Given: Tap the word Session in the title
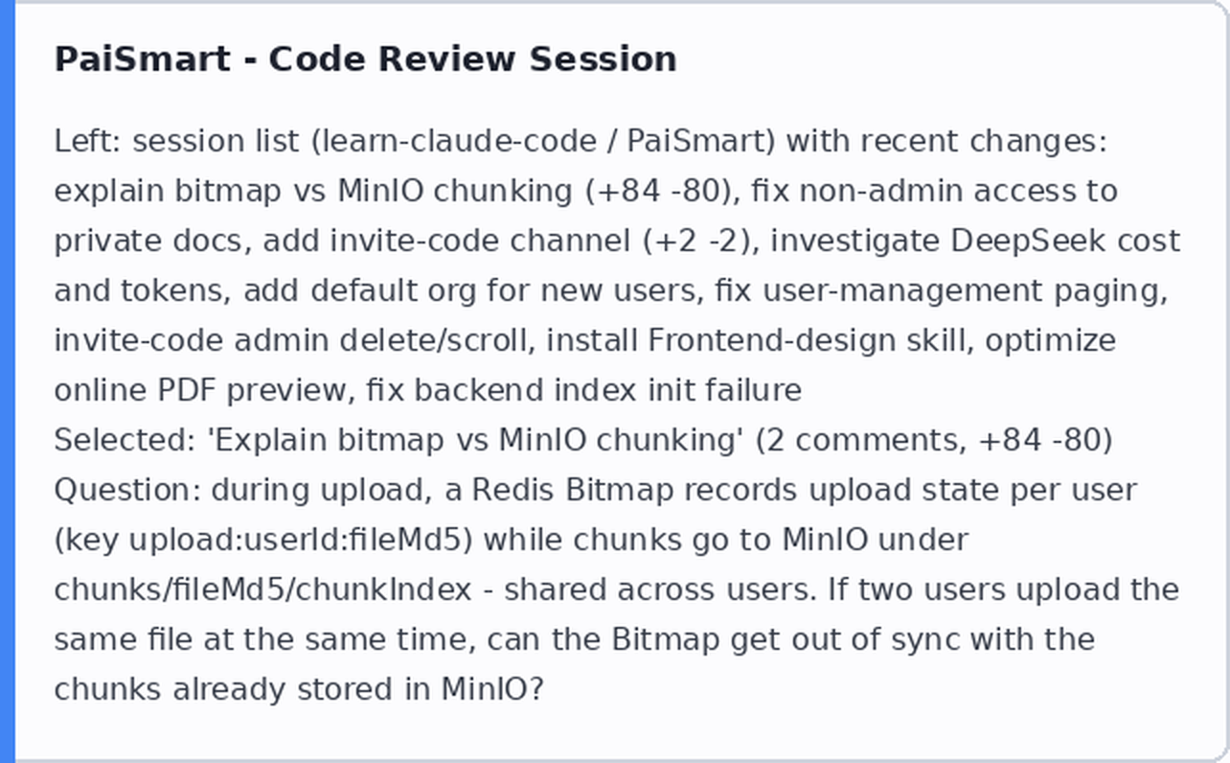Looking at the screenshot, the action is coord(603,58).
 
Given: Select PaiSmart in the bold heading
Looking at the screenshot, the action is coord(143,58).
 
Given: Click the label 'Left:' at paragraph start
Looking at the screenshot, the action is coord(87,141).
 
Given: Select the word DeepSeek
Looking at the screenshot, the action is coord(1027,242).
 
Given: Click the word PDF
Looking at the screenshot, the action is coord(187,390).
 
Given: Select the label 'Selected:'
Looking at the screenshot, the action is coord(125,440).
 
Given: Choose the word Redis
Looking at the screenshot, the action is coord(512,490).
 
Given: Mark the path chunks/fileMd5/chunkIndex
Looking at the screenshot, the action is coord(263,590).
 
